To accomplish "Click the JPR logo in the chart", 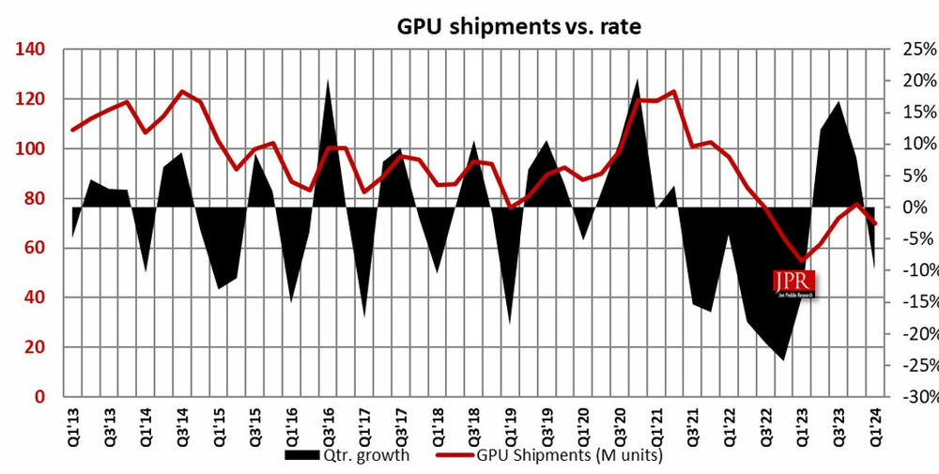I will point(793,283).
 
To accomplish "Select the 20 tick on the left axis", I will point(35,348).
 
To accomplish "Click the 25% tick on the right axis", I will point(916,50).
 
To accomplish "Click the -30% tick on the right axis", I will point(914,397).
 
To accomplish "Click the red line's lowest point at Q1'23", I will point(802,261).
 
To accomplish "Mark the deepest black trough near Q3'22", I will point(782,359).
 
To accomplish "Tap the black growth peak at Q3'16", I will point(328,81).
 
